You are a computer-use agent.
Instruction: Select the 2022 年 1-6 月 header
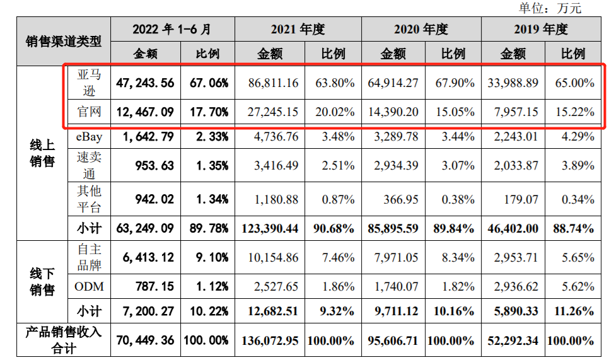pyautogui.click(x=172, y=29)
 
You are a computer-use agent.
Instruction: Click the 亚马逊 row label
pyautogui.click(x=89, y=83)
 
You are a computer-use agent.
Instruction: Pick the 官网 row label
pyautogui.click(x=89, y=112)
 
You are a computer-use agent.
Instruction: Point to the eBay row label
pyautogui.click(x=89, y=136)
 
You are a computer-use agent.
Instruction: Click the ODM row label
pyautogui.click(x=89, y=287)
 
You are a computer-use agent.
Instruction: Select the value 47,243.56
pyautogui.click(x=145, y=83)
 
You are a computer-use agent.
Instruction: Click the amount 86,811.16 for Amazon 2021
pyautogui.click(x=269, y=83)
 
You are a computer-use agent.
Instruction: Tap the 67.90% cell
pyautogui.click(x=453, y=83)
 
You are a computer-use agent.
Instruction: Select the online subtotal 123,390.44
pyautogui.click(x=269, y=228)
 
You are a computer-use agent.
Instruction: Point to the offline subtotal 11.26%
pyautogui.click(x=572, y=311)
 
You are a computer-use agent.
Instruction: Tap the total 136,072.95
pyautogui.click(x=269, y=340)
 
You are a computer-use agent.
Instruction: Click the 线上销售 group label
pyautogui.click(x=42, y=153)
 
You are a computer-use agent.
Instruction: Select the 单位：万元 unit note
pyautogui.click(x=549, y=8)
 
